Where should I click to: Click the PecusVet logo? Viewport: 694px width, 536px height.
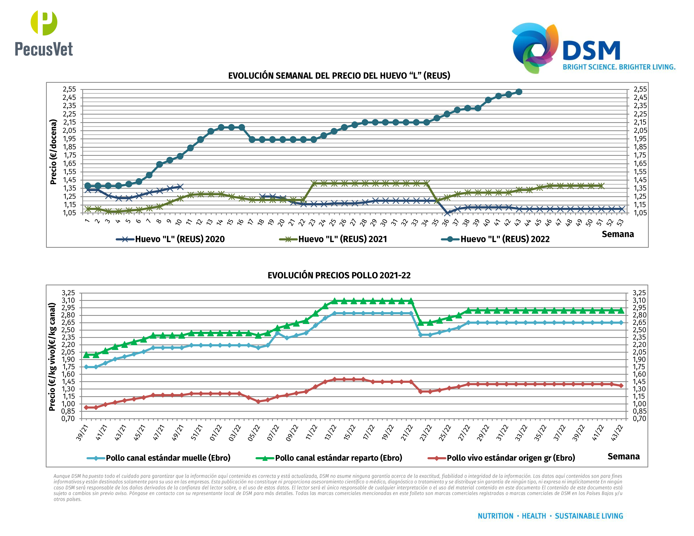[44, 33]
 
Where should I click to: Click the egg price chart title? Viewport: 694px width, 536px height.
[339, 76]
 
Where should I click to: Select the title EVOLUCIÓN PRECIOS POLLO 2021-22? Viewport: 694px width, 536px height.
[339, 275]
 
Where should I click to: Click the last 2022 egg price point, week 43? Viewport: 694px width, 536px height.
[519, 92]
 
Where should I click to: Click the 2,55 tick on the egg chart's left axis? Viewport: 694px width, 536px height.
[70, 89]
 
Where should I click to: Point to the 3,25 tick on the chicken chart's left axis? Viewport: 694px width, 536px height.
[68, 293]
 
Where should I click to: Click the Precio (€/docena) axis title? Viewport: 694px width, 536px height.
[53, 152]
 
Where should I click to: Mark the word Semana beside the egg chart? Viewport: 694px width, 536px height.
[618, 234]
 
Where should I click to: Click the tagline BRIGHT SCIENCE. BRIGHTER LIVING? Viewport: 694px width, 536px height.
[619, 67]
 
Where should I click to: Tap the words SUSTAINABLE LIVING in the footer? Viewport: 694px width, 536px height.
[589, 516]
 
